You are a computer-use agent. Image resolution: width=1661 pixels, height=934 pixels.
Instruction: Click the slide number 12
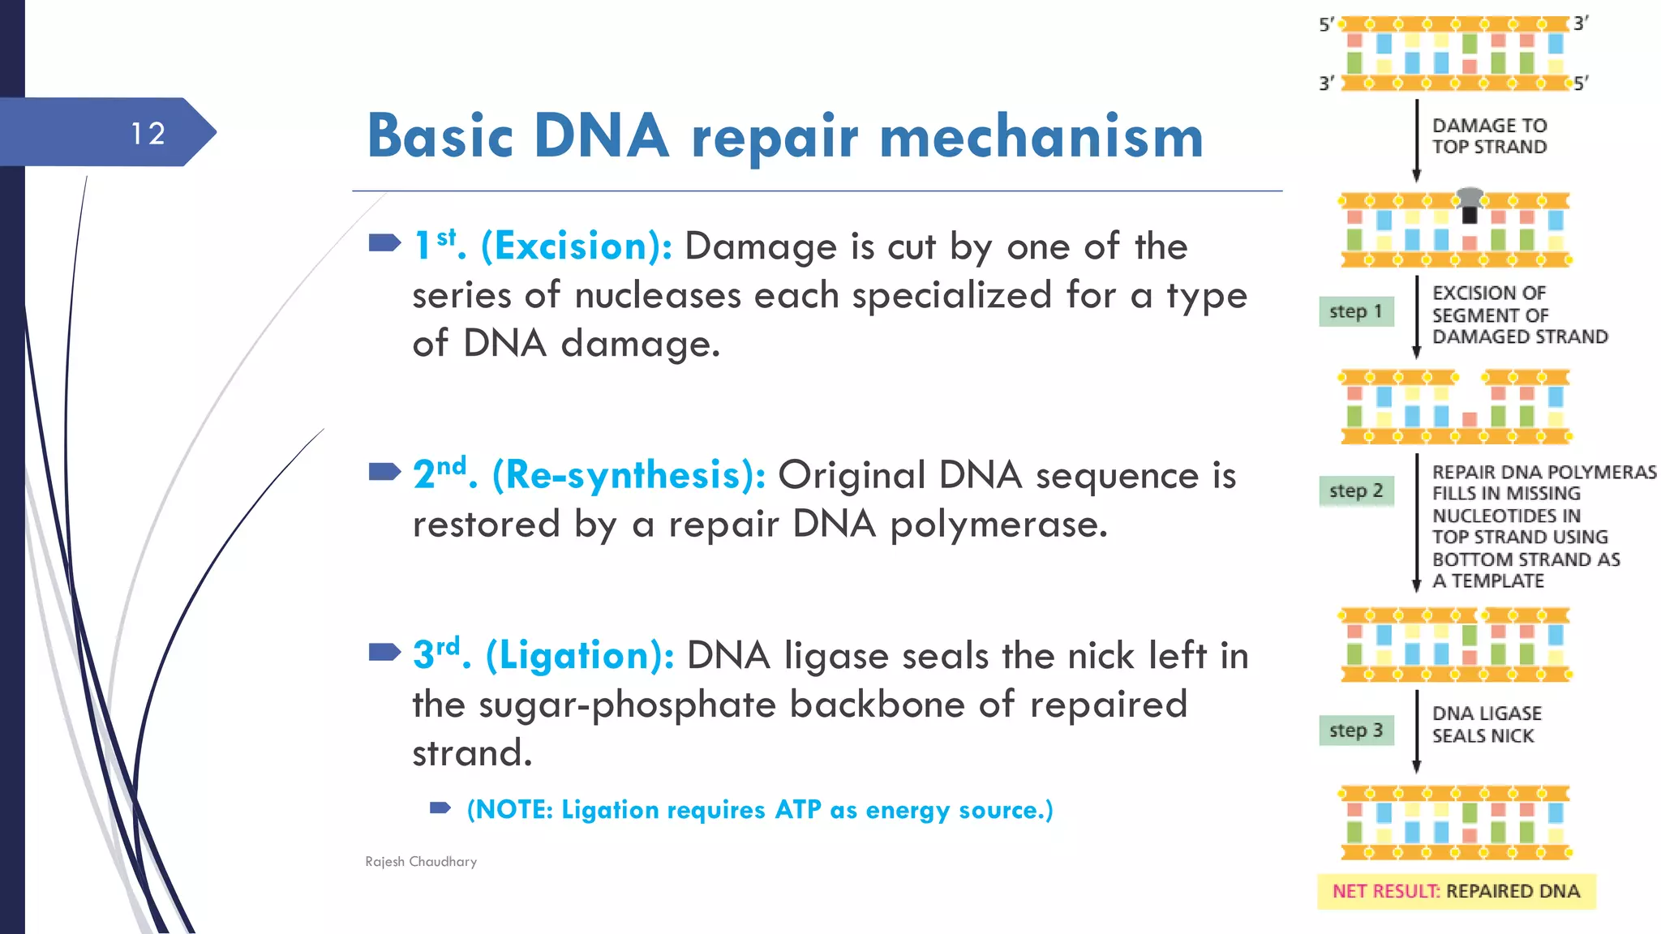(x=148, y=134)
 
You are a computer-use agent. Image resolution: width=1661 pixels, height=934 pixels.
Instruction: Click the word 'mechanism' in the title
(x=1041, y=136)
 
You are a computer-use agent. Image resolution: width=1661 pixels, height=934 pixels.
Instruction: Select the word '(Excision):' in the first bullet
(x=577, y=246)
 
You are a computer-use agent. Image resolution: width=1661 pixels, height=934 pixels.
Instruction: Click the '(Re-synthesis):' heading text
(x=629, y=475)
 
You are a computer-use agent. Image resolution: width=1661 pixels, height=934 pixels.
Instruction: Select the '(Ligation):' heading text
(x=580, y=656)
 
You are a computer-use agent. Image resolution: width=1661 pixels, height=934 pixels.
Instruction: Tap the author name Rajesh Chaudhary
(x=421, y=862)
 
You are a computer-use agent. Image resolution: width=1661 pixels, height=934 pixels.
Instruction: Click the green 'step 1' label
(x=1355, y=311)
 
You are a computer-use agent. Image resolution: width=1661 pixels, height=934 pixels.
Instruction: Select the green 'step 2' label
(x=1355, y=491)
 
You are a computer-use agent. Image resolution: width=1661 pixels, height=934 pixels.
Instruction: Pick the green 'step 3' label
(x=1355, y=730)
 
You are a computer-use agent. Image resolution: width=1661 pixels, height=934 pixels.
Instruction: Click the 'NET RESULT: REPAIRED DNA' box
(x=1456, y=891)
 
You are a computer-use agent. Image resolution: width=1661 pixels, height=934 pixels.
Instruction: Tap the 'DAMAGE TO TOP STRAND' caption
(x=1489, y=136)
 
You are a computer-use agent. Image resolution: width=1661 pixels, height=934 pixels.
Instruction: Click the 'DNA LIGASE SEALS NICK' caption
(x=1486, y=725)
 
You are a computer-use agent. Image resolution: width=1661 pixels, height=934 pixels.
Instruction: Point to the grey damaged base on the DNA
(x=1470, y=199)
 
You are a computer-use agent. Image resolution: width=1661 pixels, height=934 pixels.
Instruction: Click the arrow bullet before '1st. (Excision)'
(x=384, y=242)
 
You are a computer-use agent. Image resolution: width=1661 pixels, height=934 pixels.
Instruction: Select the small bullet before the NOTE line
(x=440, y=808)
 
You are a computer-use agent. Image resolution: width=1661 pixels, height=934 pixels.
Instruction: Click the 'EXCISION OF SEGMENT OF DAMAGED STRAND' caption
(x=1518, y=315)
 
